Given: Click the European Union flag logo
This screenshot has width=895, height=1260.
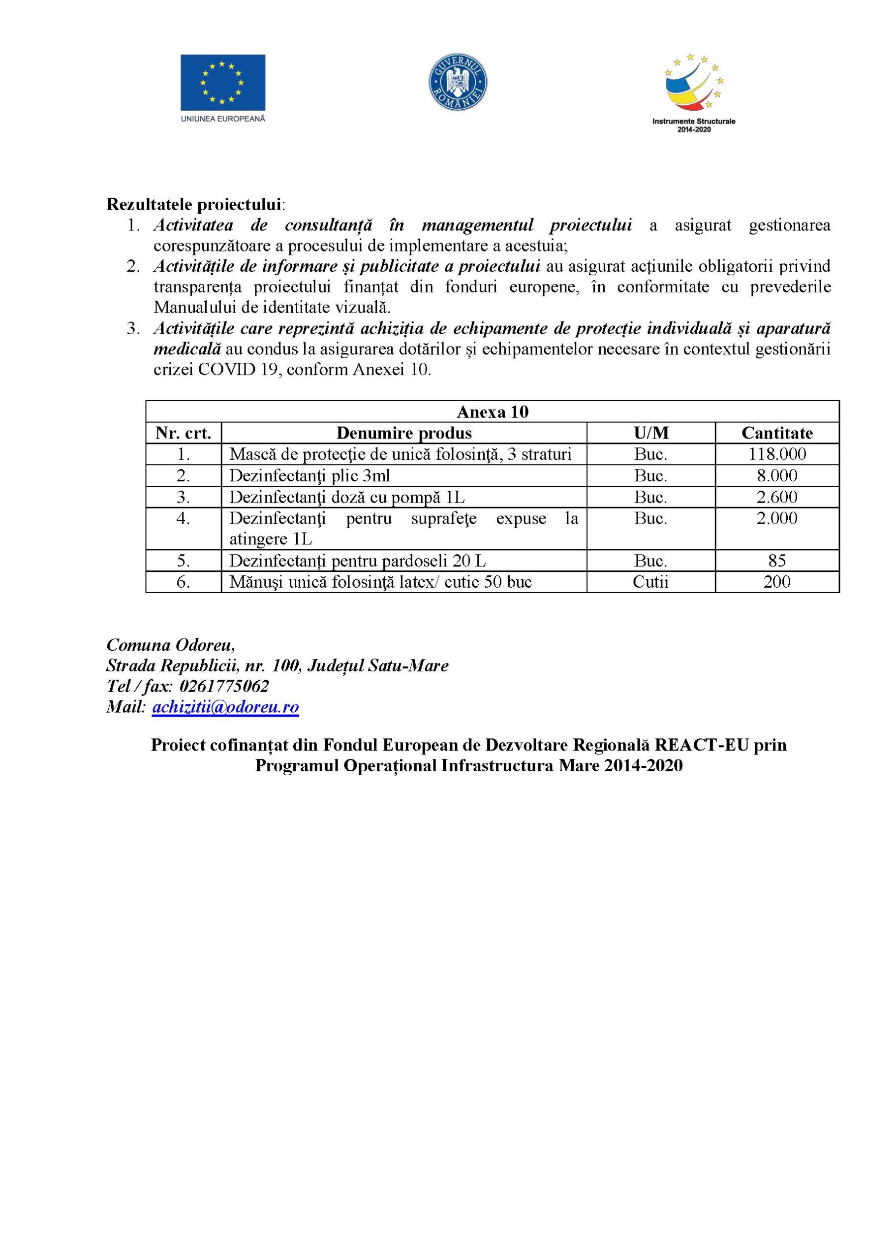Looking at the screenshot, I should coord(223,82).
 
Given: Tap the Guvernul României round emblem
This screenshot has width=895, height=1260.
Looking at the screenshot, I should coord(458,82).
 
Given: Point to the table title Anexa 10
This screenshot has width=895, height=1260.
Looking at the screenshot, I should coord(492,412).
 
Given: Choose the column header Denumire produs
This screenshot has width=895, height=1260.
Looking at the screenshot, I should coord(404,433).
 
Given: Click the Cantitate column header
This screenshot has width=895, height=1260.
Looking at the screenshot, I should coord(776,433).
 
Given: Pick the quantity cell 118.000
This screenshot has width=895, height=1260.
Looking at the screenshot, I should coord(776,454).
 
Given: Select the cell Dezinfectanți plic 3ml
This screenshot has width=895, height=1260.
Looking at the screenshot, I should coord(309,475).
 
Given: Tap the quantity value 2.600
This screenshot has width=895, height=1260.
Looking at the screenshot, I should coord(776,497).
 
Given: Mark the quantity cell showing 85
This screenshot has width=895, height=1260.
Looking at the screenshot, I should coord(776,561).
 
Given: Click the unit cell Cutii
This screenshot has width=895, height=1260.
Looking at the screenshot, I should coord(650,581).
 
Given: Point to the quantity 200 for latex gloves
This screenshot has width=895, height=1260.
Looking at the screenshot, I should coord(776,581).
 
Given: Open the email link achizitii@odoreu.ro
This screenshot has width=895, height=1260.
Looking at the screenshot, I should coord(225,707).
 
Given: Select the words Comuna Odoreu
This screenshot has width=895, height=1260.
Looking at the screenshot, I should coord(170,644).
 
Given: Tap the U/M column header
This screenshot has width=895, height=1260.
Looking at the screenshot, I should coord(651,433).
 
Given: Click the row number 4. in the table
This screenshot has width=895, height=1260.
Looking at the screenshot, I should coord(183,519).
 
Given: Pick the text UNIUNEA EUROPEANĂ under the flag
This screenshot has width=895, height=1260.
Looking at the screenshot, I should coord(223,118).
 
